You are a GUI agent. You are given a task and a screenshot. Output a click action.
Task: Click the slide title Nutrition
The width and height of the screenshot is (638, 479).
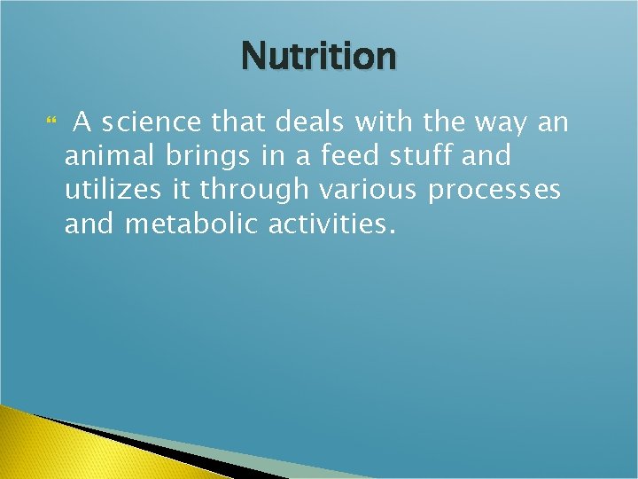318,57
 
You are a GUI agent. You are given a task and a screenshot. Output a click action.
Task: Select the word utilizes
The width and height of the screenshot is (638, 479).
113,191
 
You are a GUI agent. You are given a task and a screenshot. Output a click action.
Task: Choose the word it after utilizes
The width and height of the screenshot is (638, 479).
181,191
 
